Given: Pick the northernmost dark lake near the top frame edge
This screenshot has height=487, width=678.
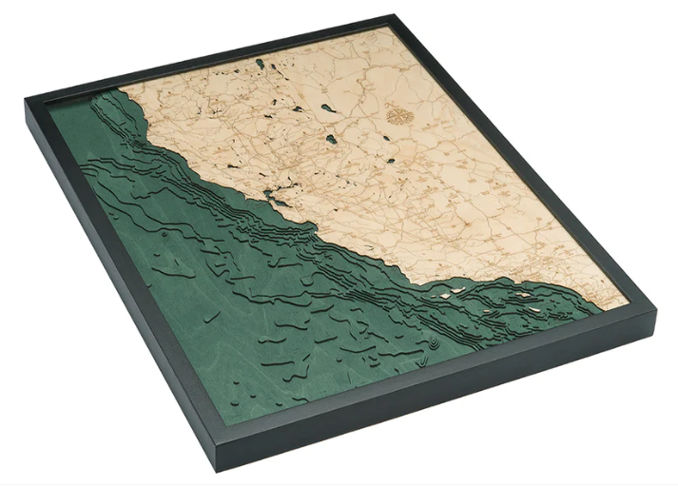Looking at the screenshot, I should pos(260,64).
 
